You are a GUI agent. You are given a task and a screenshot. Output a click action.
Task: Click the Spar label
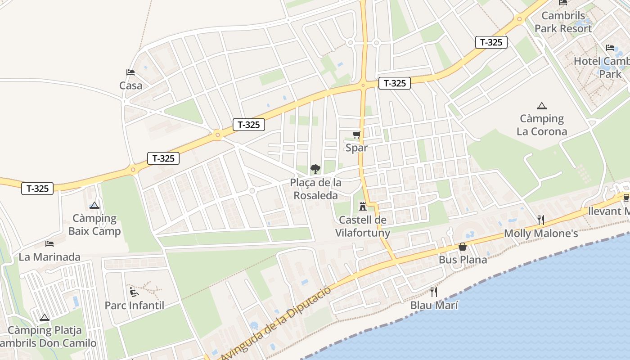(x=356, y=148)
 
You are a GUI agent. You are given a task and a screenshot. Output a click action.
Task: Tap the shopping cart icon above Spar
(x=357, y=135)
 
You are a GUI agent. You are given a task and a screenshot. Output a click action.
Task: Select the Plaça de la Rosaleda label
(x=315, y=189)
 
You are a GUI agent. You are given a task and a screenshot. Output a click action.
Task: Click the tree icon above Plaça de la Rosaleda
(x=315, y=169)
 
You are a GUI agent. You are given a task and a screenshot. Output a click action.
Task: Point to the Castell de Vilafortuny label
(x=363, y=226)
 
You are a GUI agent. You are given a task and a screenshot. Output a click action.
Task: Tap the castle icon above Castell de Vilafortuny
(x=362, y=207)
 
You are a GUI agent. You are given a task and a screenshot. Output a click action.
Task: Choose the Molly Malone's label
(x=541, y=234)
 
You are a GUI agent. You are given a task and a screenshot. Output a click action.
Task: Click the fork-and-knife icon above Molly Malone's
(x=541, y=220)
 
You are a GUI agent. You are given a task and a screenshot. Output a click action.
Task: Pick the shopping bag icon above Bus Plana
(x=463, y=247)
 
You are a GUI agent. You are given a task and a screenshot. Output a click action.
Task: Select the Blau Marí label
(x=434, y=305)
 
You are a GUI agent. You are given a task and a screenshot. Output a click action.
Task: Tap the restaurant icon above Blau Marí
(x=434, y=292)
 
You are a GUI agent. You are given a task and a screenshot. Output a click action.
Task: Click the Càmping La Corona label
(x=542, y=125)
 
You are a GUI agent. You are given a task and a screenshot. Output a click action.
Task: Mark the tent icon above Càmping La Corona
(x=542, y=106)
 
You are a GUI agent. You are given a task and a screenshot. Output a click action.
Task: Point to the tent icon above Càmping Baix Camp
(x=94, y=205)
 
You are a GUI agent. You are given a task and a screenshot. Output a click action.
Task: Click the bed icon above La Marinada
(x=49, y=244)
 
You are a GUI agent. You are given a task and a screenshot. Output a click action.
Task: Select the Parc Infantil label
(x=135, y=306)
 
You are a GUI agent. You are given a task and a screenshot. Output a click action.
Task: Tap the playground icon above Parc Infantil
(x=134, y=292)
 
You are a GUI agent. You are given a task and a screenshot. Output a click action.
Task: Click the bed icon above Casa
(x=130, y=72)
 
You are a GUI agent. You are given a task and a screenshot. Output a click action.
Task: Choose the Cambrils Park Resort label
(x=563, y=22)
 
